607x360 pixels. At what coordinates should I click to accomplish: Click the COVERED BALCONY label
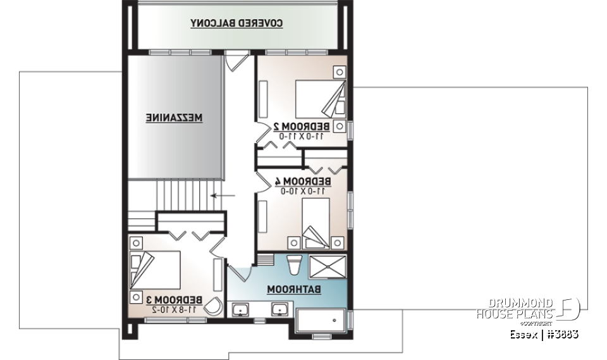[x=236, y=23]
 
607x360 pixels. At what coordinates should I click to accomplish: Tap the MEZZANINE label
[x=175, y=118]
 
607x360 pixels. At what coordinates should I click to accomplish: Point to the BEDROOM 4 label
[x=302, y=181]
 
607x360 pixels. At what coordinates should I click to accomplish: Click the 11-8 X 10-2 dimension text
[x=175, y=309]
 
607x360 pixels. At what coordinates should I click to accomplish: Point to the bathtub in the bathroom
[x=321, y=321]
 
